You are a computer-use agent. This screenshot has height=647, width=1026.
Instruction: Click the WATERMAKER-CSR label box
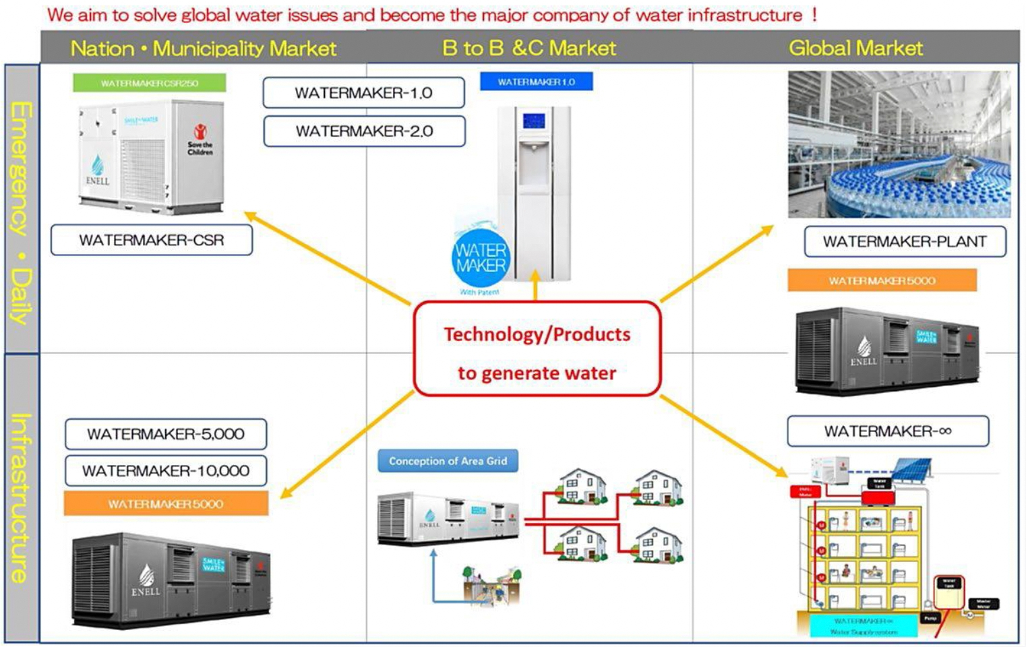click(x=152, y=240)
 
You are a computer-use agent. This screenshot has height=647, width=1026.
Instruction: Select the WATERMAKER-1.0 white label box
click(x=363, y=93)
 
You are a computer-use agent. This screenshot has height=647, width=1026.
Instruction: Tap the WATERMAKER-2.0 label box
click(x=364, y=131)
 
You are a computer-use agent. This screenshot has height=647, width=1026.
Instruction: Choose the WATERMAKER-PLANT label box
click(x=905, y=242)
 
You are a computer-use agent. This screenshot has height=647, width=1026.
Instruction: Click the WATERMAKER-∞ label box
click(x=888, y=431)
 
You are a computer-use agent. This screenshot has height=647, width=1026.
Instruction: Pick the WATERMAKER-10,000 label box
click(x=166, y=471)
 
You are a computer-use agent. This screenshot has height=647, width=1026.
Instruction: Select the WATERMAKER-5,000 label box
click(x=166, y=434)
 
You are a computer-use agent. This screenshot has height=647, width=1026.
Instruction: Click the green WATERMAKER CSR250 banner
click(x=150, y=83)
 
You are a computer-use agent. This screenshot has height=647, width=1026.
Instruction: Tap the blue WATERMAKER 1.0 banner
click(x=536, y=82)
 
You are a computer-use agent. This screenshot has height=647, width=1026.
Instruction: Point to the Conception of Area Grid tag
click(x=448, y=461)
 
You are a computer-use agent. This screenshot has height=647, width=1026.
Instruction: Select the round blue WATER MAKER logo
click(x=480, y=258)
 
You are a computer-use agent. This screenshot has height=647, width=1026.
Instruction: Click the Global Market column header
click(x=855, y=48)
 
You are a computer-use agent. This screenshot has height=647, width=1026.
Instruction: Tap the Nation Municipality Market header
click(x=203, y=49)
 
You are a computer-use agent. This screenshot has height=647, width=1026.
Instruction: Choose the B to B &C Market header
click(x=529, y=48)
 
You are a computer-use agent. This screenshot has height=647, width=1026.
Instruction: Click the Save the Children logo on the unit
click(x=200, y=139)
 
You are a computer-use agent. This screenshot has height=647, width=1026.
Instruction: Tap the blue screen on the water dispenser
click(x=534, y=121)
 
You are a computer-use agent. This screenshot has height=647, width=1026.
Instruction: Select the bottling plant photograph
click(x=899, y=144)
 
